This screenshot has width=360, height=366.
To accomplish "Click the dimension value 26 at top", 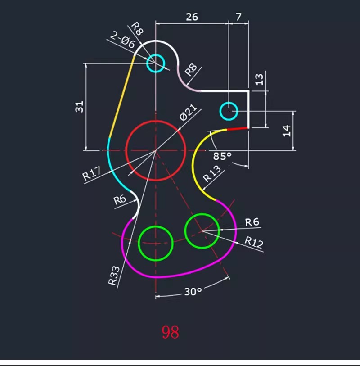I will pos(192,17).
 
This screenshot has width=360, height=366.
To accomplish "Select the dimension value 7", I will pos(238,17).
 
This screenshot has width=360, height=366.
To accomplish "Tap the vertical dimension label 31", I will pos(80,107).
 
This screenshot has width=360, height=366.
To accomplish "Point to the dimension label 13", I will pos(260,79).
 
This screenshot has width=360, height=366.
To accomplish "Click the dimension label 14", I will pos(287,131).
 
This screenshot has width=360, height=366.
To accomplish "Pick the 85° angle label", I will pos(222,156).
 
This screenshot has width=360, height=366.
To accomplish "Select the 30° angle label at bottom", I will pos(193,292).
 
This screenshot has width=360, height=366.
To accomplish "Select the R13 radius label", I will pos(212,174).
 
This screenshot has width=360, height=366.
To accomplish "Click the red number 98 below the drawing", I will pos(171,332).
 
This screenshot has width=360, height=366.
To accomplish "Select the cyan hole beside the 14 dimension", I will pos(229,110).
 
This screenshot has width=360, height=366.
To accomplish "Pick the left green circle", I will pos(156,243).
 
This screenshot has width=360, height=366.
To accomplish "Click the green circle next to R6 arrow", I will pos(202,230).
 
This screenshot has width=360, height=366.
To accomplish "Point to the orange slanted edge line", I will pos(122,95).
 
